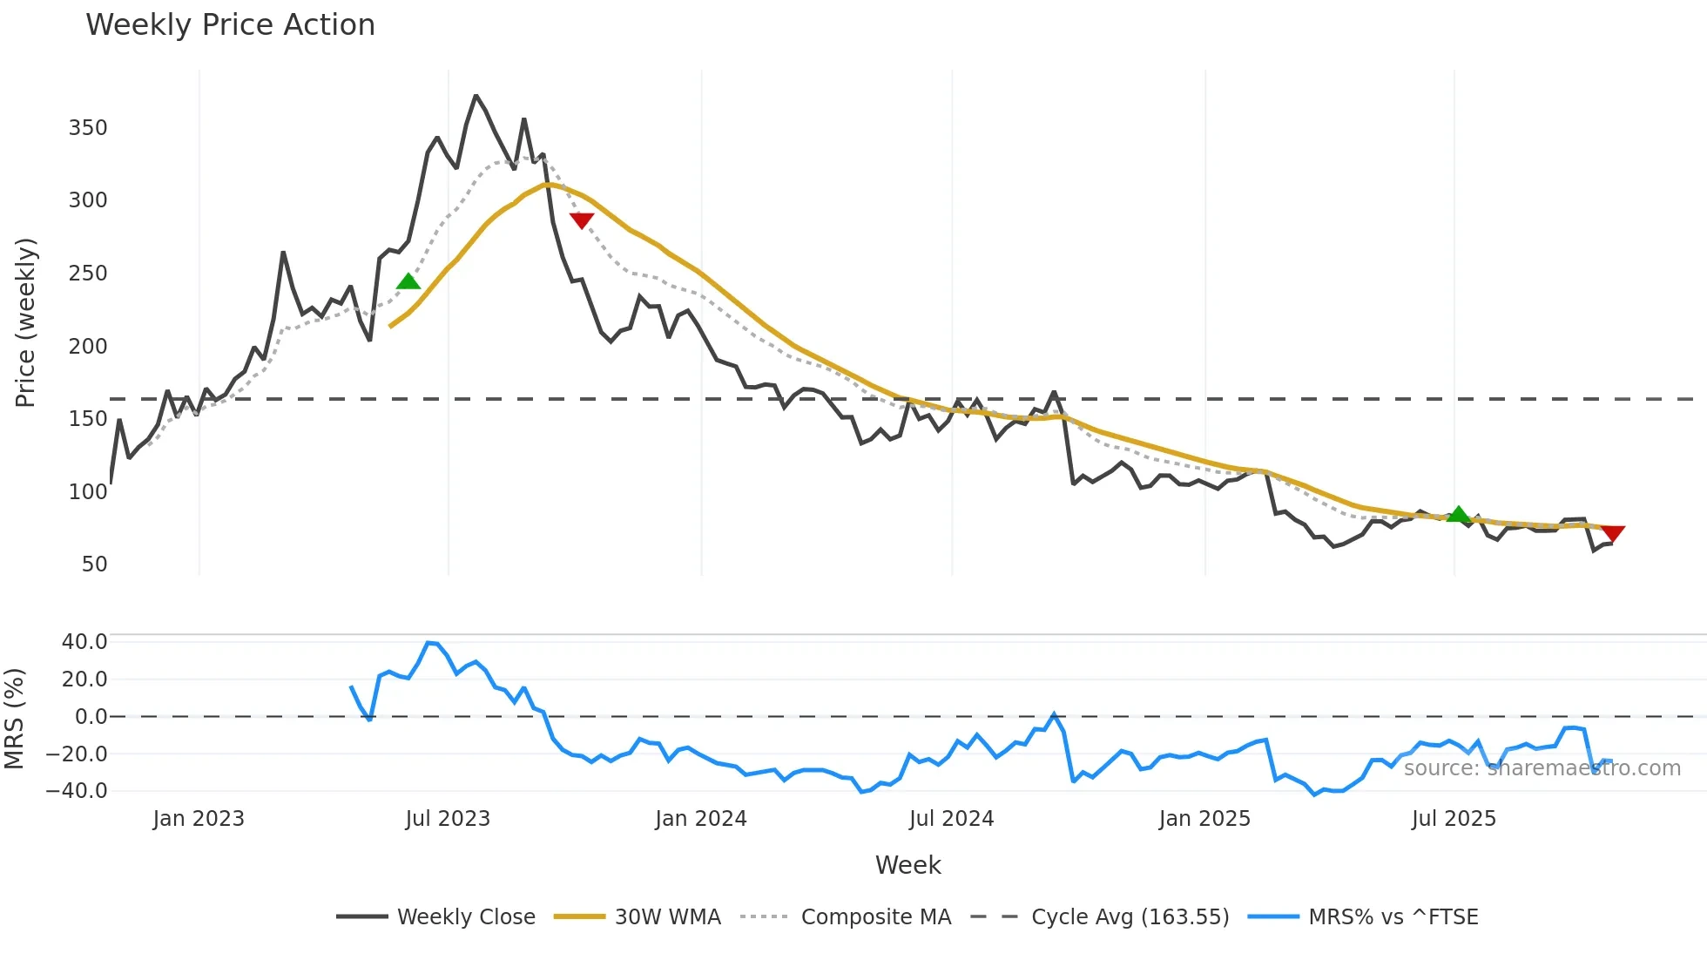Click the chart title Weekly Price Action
(230, 25)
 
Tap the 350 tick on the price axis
(88, 128)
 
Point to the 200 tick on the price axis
(88, 347)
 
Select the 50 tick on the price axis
(94, 565)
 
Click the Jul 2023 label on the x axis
(448, 819)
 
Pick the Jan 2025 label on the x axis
(1204, 819)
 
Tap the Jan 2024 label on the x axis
(701, 819)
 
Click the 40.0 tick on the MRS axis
(84, 642)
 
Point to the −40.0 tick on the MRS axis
(78, 791)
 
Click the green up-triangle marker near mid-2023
(408, 281)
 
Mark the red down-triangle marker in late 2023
(582, 220)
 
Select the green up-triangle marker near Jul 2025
(1459, 515)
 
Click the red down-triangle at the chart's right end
(1613, 533)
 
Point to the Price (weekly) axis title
(25, 322)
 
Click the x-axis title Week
(907, 865)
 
